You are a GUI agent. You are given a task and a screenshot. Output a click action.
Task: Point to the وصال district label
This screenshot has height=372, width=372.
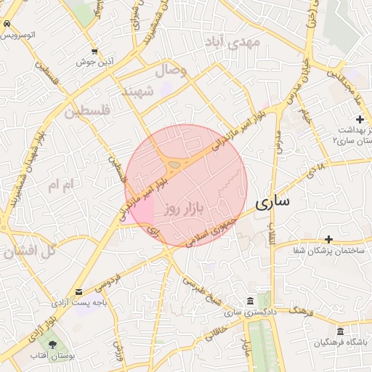pos(171,71)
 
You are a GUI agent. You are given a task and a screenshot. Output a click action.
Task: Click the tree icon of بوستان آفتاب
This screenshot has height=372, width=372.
pos(52,343)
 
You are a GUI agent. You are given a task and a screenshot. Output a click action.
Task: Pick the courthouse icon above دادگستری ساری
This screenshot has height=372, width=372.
pos(250,301)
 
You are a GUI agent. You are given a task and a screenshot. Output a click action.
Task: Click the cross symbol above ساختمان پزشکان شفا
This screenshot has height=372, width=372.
pos(328,239)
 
